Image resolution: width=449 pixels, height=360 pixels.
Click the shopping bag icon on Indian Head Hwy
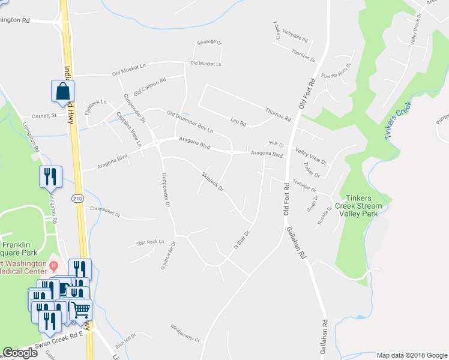(63, 92)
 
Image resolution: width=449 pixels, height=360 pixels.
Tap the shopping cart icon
(81, 310)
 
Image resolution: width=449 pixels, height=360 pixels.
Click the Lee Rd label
(238, 122)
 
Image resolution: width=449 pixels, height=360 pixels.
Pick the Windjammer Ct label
(185, 339)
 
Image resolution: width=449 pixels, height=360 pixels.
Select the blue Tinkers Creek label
(397, 121)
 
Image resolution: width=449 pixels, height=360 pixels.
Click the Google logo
(20, 353)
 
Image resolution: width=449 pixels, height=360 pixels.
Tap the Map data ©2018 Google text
(411, 355)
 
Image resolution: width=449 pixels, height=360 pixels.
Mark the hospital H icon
(53, 265)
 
